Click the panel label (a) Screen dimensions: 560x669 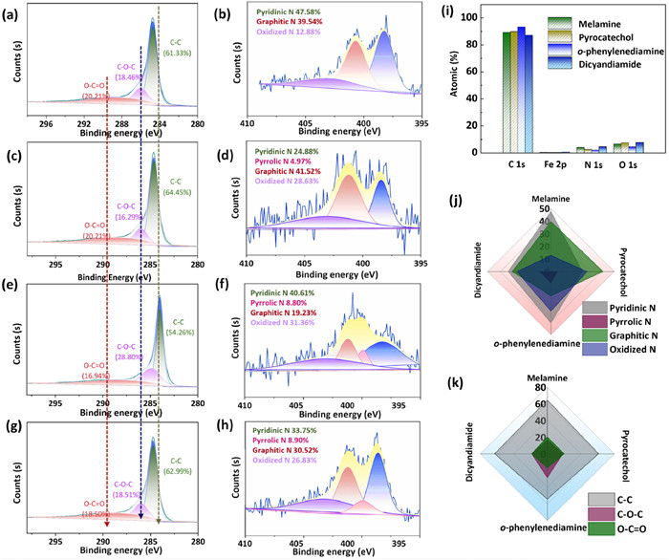click(14, 13)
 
